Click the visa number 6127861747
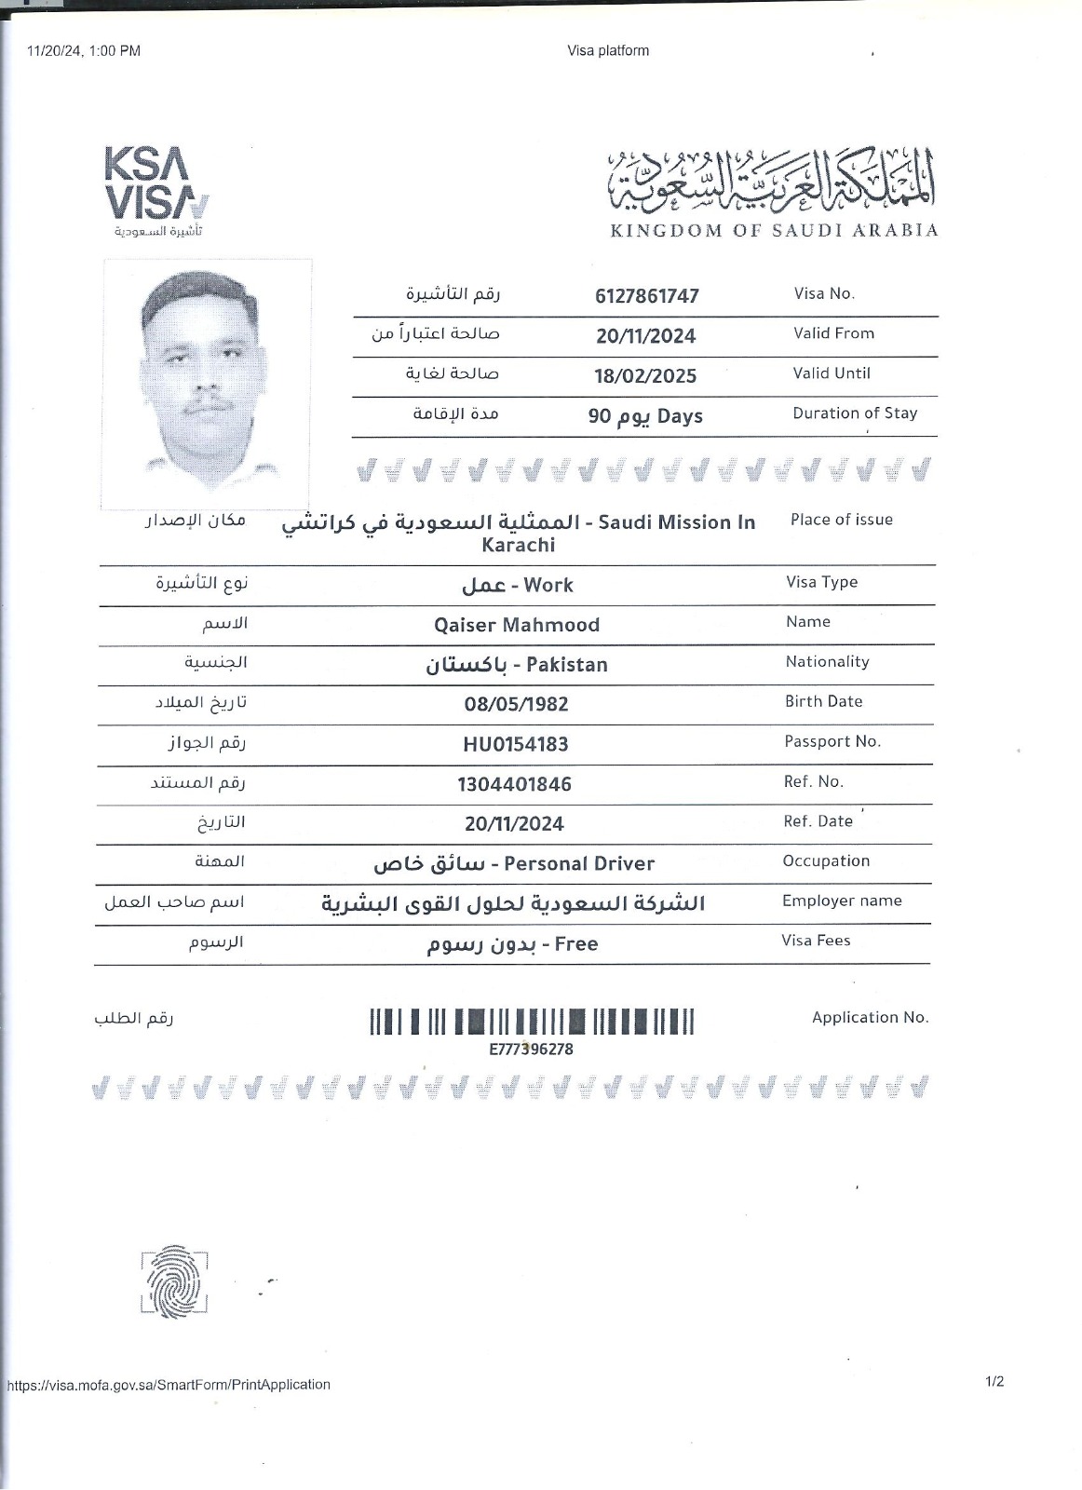pos(646,296)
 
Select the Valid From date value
pos(646,336)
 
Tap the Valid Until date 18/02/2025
pos(646,376)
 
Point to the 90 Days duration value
pos(645,416)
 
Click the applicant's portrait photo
pos(207,384)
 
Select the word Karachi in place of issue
pos(519,545)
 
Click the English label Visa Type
pos(821,582)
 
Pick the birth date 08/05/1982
pos(516,704)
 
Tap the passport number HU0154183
pos(516,744)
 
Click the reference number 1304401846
pos(514,784)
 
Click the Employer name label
pos(842,901)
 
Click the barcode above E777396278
pos(532,1022)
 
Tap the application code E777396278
pos(532,1050)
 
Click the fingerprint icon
pos(174,1281)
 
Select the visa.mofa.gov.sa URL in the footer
pos(169,1385)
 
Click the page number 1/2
pos(994,1382)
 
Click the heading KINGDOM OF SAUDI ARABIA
pos(774,230)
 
